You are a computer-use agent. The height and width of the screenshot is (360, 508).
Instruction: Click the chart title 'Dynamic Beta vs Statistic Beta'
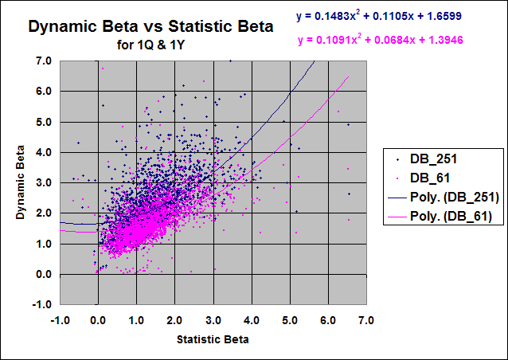click(x=150, y=26)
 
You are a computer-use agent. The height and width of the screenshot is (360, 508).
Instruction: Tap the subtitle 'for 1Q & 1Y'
click(x=150, y=44)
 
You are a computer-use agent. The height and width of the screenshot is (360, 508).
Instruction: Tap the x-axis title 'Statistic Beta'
click(x=213, y=339)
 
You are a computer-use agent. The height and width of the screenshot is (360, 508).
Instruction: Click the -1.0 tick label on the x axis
click(x=59, y=320)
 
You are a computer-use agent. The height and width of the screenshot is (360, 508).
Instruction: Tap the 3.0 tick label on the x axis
click(x=213, y=320)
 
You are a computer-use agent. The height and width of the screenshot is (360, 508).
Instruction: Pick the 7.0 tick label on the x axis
click(x=366, y=320)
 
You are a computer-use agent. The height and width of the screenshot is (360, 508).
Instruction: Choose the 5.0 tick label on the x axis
click(x=290, y=320)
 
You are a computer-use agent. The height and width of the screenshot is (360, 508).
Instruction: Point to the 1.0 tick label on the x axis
click(x=136, y=320)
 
